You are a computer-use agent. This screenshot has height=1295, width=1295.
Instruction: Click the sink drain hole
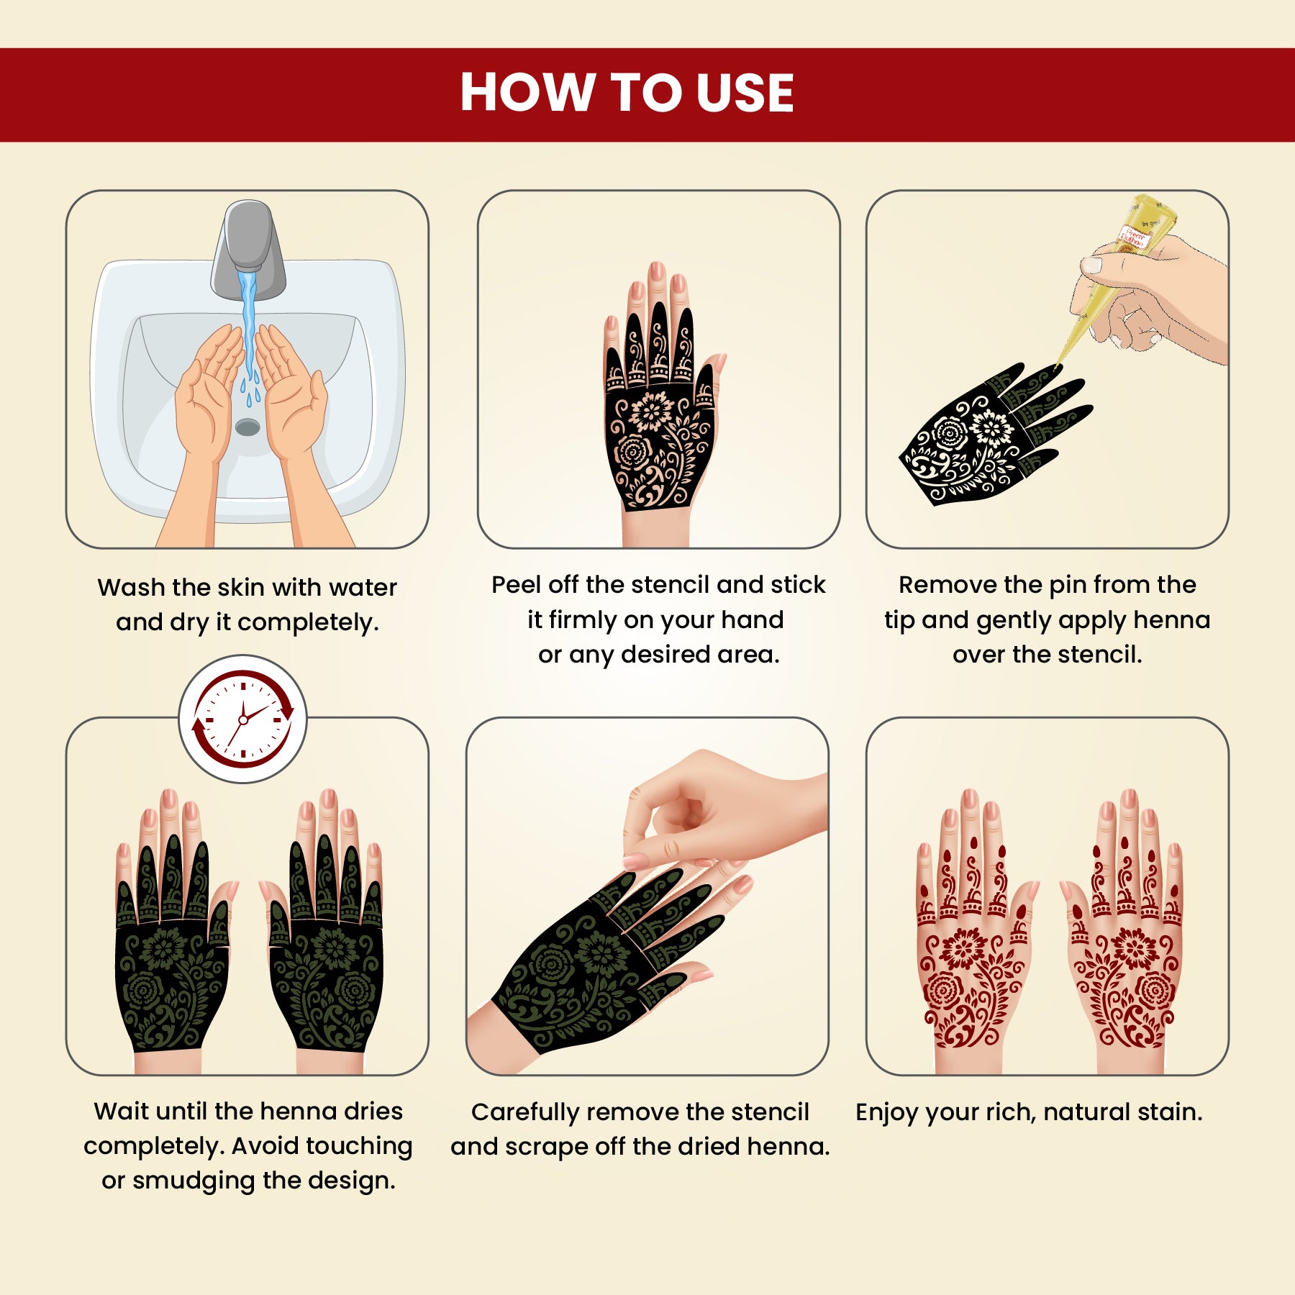pos(247,427)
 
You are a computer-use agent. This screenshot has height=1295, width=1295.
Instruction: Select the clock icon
pos(243,719)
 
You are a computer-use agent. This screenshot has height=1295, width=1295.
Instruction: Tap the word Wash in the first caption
pos(132,587)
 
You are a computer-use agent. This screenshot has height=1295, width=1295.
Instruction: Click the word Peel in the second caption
pos(517,584)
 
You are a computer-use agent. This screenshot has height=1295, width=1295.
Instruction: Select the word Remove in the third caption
pos(948,584)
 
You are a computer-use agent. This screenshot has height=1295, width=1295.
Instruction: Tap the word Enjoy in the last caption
pos(887,1113)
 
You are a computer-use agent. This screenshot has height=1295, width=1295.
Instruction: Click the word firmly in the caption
pos(583,621)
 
